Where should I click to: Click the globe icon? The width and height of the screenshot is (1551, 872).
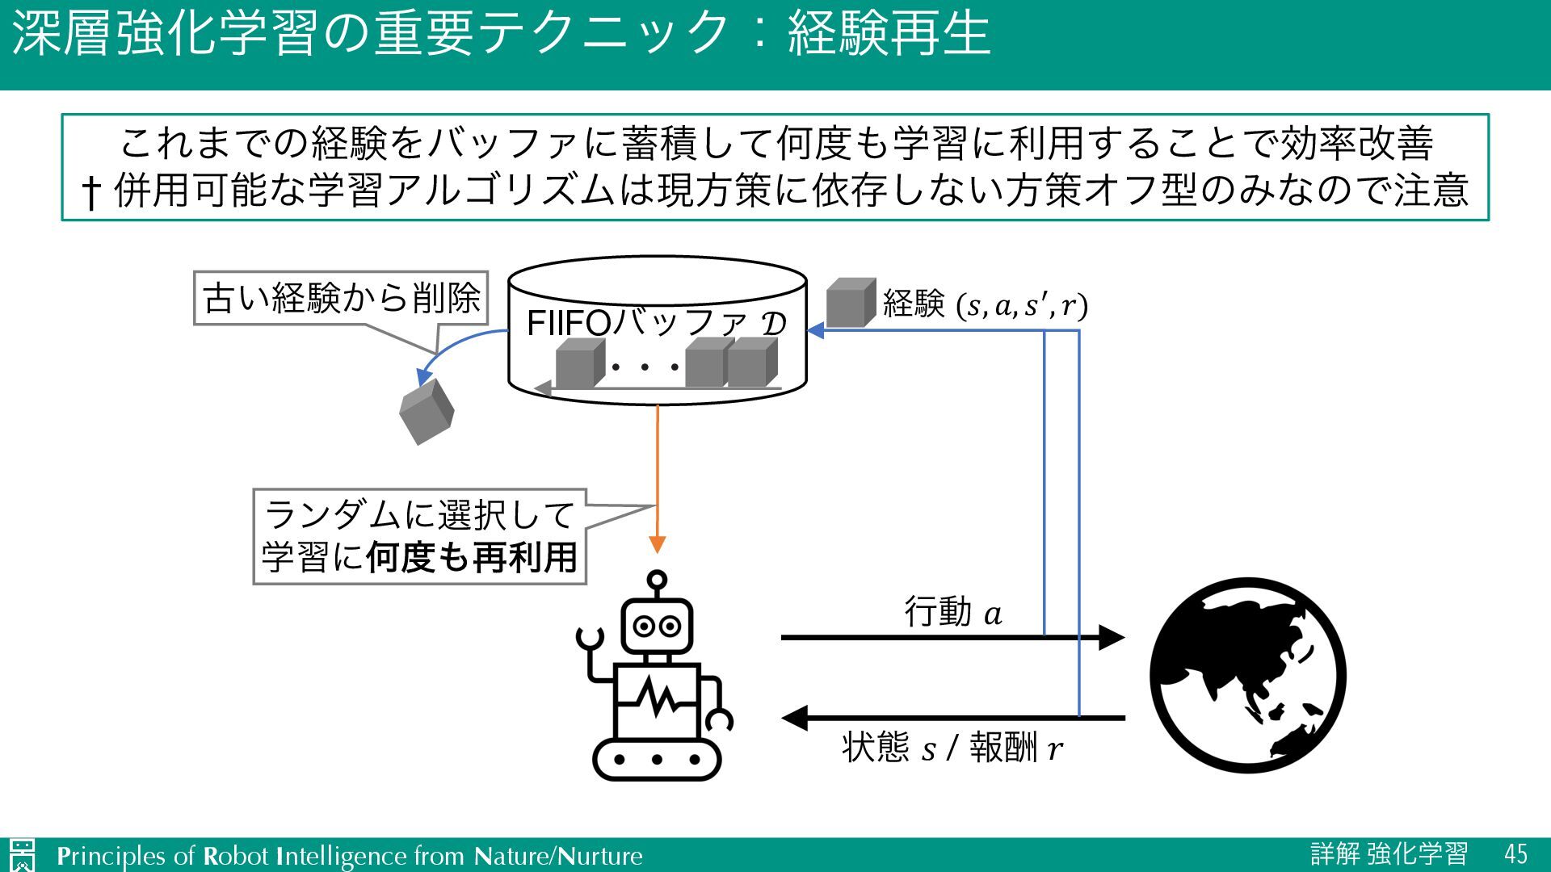pos(1247,675)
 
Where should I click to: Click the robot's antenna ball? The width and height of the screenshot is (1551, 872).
pos(658,580)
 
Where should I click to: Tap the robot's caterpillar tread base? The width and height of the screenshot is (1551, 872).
pos(657,759)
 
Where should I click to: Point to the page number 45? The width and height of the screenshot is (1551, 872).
pos(1515,853)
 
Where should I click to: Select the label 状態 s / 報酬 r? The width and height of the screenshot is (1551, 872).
pos(952,748)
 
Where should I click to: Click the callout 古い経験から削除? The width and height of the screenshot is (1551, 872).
pos(341,298)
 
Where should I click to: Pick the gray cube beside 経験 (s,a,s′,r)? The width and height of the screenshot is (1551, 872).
pos(851,303)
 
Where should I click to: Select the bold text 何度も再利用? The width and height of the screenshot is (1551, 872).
pos(472,557)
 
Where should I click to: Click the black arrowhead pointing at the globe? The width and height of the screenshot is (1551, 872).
pos(1112,637)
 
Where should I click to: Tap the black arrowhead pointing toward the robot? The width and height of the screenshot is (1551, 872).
pos(796,717)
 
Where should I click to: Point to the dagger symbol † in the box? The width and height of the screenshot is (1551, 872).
pos(91,191)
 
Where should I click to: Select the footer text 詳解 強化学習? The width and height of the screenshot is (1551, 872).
pos(1389,853)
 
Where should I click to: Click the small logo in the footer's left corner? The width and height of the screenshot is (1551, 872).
pos(22,855)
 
